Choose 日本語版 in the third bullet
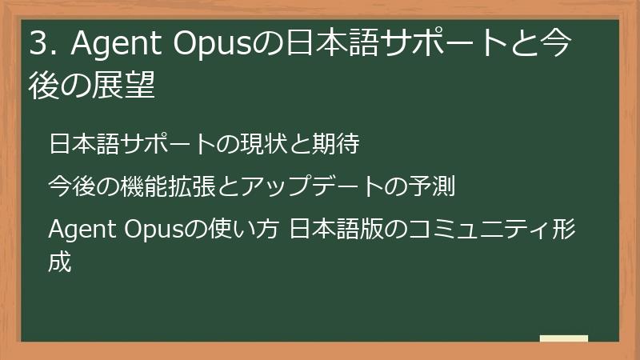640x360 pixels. [x=337, y=230]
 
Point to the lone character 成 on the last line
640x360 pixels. [x=61, y=262]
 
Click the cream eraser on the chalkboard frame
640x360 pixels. [x=563, y=338]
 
